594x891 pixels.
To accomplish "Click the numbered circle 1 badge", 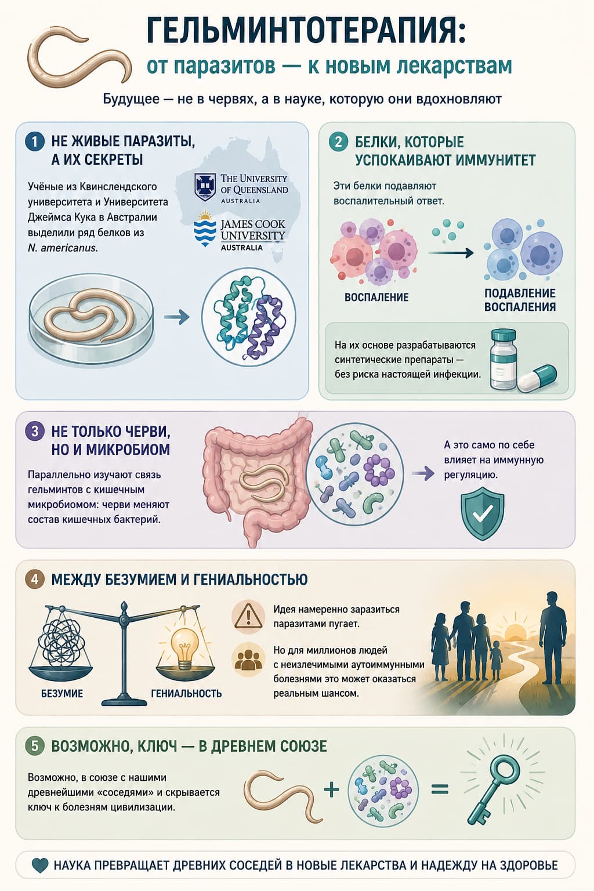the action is tap(34, 142).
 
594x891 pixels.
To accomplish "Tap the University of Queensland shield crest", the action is tap(205, 187).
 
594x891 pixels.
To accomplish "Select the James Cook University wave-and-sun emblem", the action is tap(205, 229).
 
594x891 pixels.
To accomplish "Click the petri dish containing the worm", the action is tap(91, 314).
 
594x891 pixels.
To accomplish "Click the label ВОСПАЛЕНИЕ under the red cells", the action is tap(376, 297).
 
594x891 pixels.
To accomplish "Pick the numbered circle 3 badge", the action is tap(34, 432).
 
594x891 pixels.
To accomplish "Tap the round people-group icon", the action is tap(248, 660).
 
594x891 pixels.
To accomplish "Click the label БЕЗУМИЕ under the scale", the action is tap(62, 693).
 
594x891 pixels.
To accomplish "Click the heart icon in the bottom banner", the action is tap(40, 865).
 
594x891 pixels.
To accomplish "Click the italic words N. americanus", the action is tap(63, 248).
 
